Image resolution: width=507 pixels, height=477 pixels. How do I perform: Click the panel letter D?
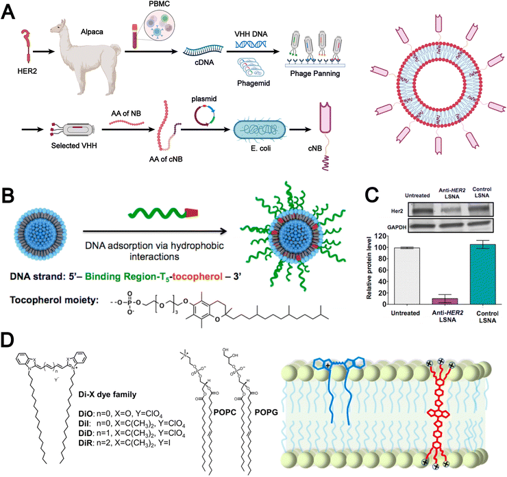[x=12, y=340]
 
